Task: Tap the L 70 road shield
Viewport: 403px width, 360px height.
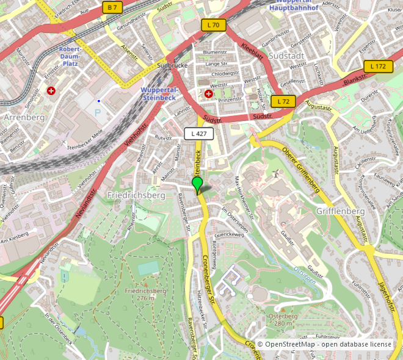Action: (x=214, y=25)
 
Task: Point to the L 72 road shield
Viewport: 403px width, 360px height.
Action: (x=283, y=101)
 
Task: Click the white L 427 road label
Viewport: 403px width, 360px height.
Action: (x=198, y=133)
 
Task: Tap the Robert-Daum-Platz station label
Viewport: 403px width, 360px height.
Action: (x=78, y=56)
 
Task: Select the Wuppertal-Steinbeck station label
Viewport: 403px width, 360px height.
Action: (x=158, y=93)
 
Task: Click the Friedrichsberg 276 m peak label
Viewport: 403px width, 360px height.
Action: (x=145, y=294)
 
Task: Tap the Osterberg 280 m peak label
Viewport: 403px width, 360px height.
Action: (x=282, y=319)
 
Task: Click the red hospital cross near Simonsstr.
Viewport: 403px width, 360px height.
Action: (x=51, y=91)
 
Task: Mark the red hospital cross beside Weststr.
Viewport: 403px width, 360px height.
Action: (x=209, y=93)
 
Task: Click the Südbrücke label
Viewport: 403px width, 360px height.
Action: (x=170, y=65)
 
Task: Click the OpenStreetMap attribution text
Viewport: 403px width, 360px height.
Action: (x=324, y=345)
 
